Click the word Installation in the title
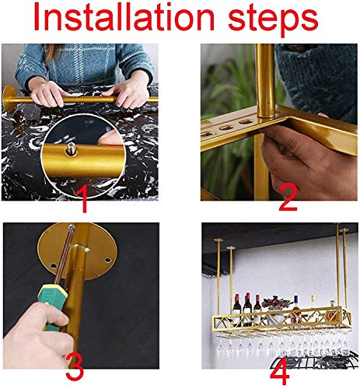124,17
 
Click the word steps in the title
273,21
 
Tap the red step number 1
84,198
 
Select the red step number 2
288,198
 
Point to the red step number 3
75,367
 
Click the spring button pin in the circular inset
71,149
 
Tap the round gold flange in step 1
9,100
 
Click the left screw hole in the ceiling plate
54,266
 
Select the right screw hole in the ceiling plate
108,260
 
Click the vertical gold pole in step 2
264,80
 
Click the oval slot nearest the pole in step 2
246,121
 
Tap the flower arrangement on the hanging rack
276,303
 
